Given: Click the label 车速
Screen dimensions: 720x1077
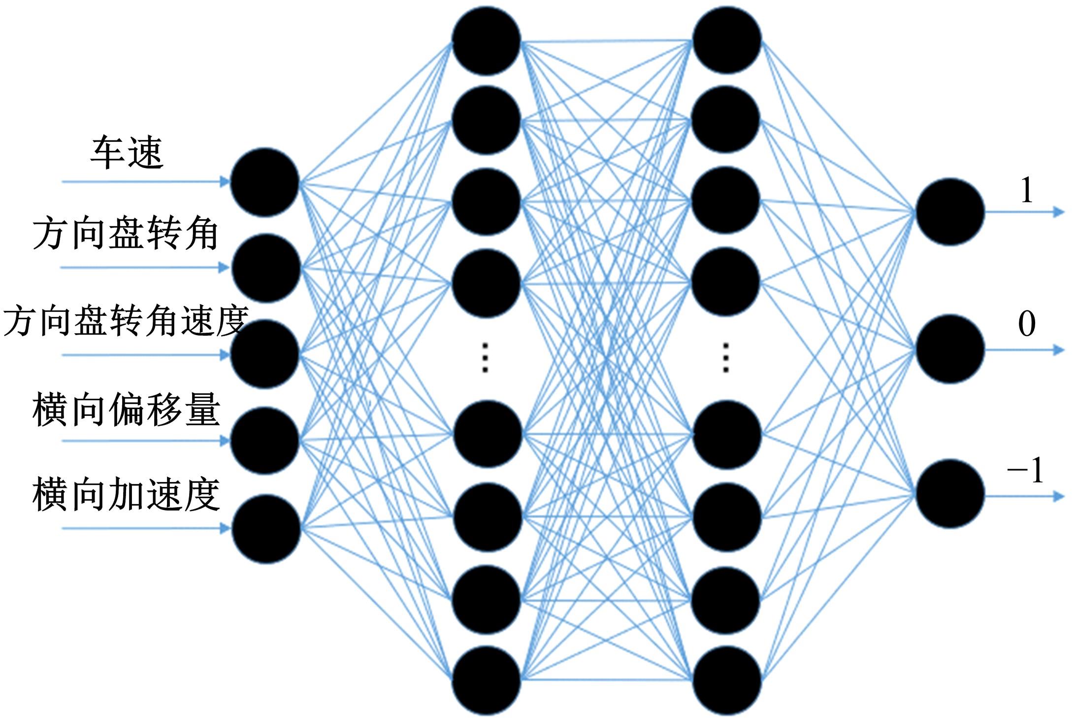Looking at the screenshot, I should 127,153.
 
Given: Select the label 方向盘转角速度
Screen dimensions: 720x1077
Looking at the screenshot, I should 126,321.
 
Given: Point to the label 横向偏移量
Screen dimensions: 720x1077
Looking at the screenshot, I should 126,410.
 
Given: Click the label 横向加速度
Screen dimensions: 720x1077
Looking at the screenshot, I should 126,494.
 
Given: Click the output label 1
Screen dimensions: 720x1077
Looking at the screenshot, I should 1026,190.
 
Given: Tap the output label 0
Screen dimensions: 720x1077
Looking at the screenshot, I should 1026,324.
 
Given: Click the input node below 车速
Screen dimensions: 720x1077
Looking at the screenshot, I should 265,182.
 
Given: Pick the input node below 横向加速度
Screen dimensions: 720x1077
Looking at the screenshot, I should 266,529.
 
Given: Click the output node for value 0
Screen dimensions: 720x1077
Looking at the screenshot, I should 950,349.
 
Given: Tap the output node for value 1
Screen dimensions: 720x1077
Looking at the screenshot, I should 950,211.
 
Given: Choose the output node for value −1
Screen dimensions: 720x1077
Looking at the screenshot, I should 950,493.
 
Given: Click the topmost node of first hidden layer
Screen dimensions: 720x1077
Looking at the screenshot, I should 487,41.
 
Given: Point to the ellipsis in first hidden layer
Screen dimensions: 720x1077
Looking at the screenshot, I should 485,357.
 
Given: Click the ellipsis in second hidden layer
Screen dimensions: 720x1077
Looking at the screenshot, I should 725,357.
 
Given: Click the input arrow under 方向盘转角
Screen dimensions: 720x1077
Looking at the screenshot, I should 145,268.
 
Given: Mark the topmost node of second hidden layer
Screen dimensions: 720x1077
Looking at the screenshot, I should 726,40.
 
